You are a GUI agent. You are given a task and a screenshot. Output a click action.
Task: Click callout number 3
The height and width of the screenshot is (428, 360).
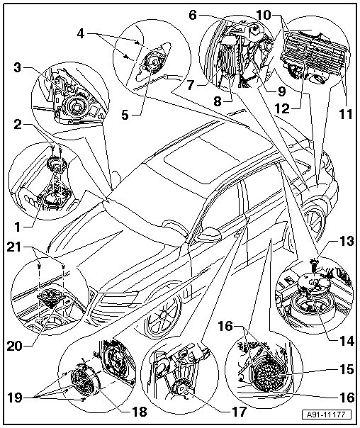coord(18,67)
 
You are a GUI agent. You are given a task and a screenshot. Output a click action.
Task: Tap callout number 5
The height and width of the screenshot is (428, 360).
coord(125,115)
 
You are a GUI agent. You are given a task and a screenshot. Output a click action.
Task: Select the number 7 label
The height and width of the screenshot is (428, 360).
coord(191,85)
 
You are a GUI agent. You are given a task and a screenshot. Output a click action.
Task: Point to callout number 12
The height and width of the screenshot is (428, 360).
coord(282,109)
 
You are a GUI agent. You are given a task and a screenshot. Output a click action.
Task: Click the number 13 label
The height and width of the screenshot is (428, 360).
coord(347,242)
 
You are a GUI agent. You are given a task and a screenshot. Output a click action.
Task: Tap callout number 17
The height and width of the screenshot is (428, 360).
coord(239,411)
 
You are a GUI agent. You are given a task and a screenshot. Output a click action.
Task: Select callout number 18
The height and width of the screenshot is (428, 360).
coord(140,412)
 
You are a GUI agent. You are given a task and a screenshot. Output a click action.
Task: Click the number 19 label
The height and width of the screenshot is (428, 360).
coord(14,398)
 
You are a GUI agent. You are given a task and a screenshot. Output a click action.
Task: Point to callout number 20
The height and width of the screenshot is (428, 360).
coord(14,346)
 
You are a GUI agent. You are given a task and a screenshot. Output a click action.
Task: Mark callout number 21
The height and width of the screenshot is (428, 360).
coord(14,247)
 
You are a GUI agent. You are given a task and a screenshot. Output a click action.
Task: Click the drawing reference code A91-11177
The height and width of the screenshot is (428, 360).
coord(326,415)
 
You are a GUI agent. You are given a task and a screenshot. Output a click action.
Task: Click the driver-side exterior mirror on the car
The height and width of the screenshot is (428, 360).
coord(210,234)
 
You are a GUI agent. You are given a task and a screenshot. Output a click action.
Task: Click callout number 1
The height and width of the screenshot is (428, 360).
coord(18,227)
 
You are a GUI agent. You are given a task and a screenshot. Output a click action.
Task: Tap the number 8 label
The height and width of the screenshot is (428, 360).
coord(218,102)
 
